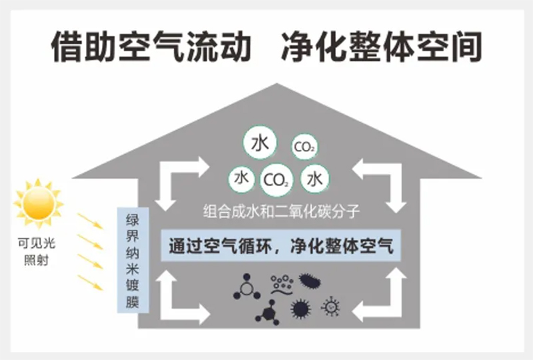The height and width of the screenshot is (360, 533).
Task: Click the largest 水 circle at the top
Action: (x=260, y=142)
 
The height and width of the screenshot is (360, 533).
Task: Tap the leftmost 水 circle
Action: (x=241, y=179)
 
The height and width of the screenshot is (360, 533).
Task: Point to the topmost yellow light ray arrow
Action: (x=89, y=221)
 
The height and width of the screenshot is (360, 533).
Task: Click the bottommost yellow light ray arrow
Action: (x=89, y=283)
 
